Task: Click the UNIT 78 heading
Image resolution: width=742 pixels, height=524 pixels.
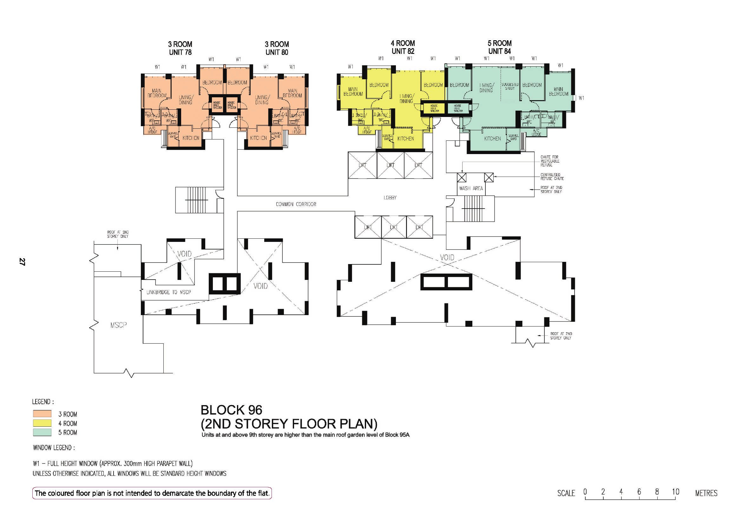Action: click(x=180, y=52)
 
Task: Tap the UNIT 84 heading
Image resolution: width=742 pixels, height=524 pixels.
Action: click(x=499, y=51)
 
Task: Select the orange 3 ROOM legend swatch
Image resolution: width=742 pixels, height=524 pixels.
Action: click(x=42, y=414)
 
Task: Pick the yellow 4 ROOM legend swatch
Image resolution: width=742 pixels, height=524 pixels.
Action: click(x=42, y=423)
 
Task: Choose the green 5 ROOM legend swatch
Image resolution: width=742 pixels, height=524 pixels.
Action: click(x=42, y=432)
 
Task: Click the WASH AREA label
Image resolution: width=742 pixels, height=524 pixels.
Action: click(x=471, y=189)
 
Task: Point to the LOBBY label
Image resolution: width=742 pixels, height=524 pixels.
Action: click(x=390, y=197)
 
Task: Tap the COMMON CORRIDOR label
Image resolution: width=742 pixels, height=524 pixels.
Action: click(x=296, y=204)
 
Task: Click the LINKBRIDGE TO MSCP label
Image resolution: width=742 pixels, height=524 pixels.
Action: click(x=168, y=292)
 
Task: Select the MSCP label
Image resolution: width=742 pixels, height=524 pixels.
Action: click(x=119, y=325)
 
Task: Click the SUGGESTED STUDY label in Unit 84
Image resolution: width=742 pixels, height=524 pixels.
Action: click(x=510, y=86)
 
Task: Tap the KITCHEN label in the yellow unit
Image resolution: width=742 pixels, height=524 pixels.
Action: click(x=406, y=139)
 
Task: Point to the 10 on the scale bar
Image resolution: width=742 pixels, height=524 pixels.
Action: click(x=675, y=492)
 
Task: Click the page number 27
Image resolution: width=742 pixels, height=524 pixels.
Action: click(x=22, y=262)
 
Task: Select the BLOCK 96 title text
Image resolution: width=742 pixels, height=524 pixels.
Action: click(x=231, y=410)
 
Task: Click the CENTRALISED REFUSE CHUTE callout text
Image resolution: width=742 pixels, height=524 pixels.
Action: click(x=552, y=177)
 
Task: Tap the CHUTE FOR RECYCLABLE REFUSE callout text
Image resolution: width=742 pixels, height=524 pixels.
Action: click(x=549, y=161)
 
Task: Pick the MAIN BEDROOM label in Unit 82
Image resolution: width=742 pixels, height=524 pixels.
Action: click(x=353, y=91)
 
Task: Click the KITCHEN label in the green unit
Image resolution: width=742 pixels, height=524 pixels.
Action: click(x=492, y=139)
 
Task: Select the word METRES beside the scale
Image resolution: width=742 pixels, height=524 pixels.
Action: click(x=706, y=493)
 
